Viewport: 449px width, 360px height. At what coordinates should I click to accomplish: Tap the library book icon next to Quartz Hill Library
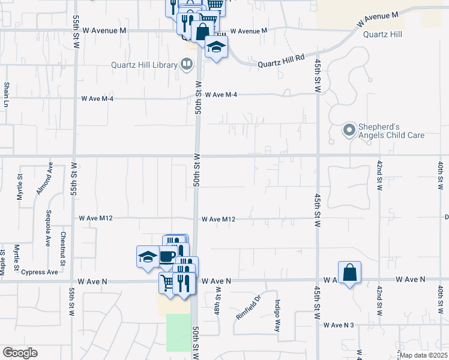pos(187,65)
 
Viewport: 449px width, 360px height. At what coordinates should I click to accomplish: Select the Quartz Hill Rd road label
pos(282,62)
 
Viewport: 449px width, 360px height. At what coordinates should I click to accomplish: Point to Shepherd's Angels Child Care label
pos(391,131)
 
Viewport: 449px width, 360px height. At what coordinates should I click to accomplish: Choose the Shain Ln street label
pos(7,95)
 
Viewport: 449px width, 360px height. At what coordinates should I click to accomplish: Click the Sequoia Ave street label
pos(49,228)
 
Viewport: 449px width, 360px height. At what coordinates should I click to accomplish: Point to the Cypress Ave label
pos(40,272)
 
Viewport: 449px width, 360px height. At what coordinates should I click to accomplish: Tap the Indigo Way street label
pos(277,311)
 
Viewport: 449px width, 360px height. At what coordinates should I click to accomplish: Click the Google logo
pos(20,352)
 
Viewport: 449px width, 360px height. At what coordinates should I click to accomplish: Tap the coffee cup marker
pos(167,256)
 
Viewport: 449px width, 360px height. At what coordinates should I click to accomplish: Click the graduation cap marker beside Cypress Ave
pos(148,257)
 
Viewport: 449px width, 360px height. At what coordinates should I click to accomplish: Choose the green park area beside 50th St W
pos(177,332)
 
